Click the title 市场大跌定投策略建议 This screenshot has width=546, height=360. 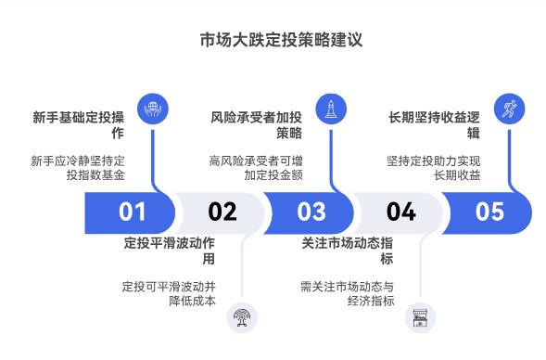[273, 40]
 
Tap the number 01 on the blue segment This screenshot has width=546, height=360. [132, 212]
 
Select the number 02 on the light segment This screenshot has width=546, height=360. [222, 212]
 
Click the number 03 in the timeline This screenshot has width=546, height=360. [311, 212]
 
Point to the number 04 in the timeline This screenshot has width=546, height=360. [400, 212]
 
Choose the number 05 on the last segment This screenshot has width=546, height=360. [489, 212]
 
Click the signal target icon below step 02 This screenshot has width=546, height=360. [242, 316]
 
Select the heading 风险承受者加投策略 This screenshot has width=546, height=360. [255, 125]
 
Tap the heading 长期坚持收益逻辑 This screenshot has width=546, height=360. [433, 125]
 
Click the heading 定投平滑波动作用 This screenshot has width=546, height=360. [169, 251]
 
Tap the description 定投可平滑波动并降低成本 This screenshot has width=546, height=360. [169, 293]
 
